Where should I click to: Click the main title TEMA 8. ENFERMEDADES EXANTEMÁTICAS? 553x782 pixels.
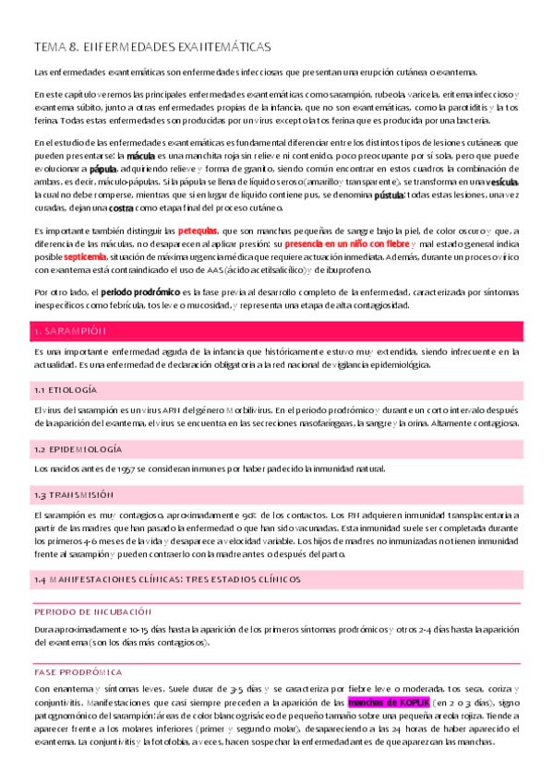click(x=151, y=45)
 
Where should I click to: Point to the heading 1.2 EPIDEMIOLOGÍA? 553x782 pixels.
click(x=78, y=449)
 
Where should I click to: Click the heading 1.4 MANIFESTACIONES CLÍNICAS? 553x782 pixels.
click(x=166, y=579)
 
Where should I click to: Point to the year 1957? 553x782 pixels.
click(x=118, y=468)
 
